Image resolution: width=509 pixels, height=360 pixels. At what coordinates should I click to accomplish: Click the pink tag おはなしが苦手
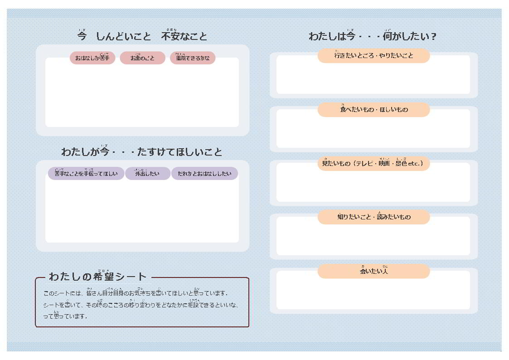[92, 58]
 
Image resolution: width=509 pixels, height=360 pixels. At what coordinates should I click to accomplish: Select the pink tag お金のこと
[142, 58]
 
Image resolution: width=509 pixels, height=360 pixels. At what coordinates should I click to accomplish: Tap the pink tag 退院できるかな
[193, 58]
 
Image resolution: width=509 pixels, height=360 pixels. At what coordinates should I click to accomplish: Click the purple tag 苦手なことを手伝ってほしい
[86, 174]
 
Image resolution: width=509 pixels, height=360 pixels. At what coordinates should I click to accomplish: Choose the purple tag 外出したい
[147, 174]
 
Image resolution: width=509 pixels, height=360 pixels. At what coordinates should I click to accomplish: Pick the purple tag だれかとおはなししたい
[204, 174]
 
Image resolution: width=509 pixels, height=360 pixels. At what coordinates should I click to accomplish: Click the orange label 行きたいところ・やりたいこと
[373, 56]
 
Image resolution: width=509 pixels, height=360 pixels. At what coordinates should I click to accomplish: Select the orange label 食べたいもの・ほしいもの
[373, 110]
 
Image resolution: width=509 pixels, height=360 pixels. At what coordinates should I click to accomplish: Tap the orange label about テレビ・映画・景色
[373, 163]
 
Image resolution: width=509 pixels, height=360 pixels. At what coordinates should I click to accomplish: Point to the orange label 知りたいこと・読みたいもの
[373, 217]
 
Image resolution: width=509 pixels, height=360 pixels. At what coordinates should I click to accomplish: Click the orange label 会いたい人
[373, 272]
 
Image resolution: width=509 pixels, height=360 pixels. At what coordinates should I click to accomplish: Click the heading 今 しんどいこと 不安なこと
[142, 36]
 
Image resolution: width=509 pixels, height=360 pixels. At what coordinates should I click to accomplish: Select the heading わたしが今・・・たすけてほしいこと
[142, 152]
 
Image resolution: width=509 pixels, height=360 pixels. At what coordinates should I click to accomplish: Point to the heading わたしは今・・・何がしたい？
[372, 36]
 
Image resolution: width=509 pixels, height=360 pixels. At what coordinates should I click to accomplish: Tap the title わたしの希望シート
[98, 277]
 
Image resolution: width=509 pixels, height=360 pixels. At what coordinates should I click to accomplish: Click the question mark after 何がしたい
[434, 37]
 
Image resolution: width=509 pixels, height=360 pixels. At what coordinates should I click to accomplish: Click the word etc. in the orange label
[415, 164]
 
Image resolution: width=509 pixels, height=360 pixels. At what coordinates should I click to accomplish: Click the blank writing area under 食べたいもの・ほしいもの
[373, 132]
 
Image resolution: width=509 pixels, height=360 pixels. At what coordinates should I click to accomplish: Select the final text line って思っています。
[65, 316]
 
